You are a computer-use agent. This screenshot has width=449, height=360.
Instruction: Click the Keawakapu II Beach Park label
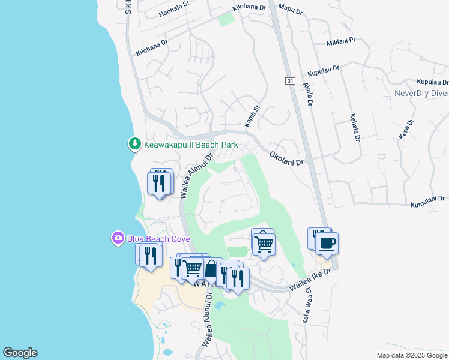[191, 145]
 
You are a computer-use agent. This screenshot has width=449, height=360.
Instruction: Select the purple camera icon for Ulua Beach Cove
[118, 238]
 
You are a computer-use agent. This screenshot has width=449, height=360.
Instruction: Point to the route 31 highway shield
[290, 80]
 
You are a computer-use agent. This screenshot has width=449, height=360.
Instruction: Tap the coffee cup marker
[327, 244]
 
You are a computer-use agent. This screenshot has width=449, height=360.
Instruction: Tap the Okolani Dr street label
[286, 158]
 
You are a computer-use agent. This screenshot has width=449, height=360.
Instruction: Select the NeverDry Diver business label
[421, 93]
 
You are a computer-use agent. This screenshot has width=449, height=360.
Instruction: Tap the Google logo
[20, 353]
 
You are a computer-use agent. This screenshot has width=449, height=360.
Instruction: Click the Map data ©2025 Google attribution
[411, 355]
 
